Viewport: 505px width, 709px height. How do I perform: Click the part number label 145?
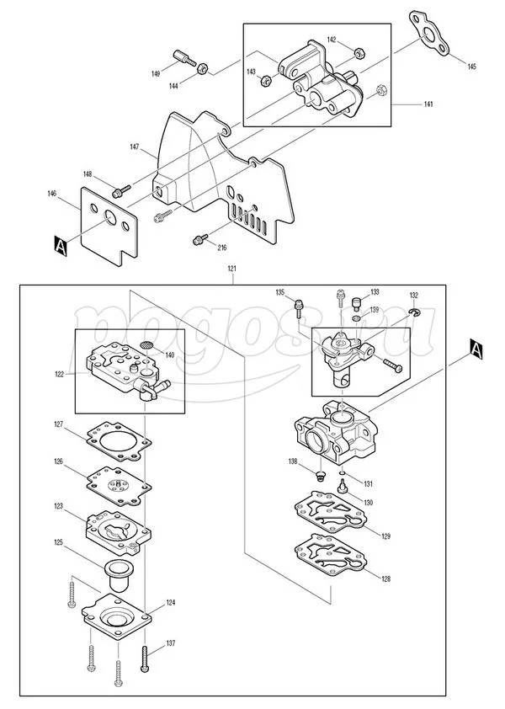pyautogui.click(x=471, y=67)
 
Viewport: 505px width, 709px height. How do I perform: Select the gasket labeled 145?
pyautogui.click(x=429, y=33)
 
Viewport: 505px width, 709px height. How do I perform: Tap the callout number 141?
pyautogui.click(x=428, y=104)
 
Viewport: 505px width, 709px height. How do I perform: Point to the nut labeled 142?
pyautogui.click(x=359, y=53)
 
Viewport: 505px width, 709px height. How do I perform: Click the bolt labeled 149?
pyautogui.click(x=184, y=58)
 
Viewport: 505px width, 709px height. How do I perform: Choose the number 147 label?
pyautogui.click(x=135, y=147)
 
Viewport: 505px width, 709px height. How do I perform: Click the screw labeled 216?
pyautogui.click(x=200, y=239)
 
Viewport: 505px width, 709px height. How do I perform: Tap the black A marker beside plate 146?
pyautogui.click(x=61, y=246)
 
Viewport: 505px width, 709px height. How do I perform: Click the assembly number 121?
pyautogui.click(x=232, y=269)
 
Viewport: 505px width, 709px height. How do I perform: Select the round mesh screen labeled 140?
pyautogui.click(x=146, y=345)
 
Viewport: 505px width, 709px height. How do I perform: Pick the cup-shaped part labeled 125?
pyautogui.click(x=118, y=575)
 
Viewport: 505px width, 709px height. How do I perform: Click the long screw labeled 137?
pyautogui.click(x=145, y=659)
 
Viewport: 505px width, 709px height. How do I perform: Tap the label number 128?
pyautogui.click(x=385, y=578)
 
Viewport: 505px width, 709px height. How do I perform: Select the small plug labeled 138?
pyautogui.click(x=321, y=475)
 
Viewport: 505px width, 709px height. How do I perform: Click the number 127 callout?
pyautogui.click(x=58, y=424)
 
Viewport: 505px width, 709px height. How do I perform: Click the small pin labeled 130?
pyautogui.click(x=343, y=488)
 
